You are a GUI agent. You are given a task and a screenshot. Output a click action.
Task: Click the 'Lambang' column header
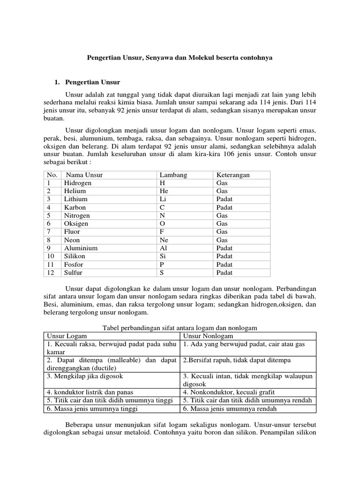[x=173, y=175]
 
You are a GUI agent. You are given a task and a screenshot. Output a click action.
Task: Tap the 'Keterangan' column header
[x=233, y=175]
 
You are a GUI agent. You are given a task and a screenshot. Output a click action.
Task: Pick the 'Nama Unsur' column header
[x=84, y=175]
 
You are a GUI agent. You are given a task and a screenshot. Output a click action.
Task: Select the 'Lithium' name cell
[x=76, y=199]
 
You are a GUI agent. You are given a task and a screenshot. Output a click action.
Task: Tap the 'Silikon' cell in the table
[x=75, y=256]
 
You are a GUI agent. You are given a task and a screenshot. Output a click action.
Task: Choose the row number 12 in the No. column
[x=50, y=272]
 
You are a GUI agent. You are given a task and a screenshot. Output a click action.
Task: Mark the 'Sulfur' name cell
[x=74, y=272]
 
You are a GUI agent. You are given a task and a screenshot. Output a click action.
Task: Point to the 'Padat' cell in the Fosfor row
[x=225, y=264]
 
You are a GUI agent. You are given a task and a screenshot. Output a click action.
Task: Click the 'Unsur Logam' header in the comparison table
[x=67, y=336]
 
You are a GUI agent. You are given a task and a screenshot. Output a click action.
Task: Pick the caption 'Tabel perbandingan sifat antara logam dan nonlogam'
[x=180, y=328]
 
